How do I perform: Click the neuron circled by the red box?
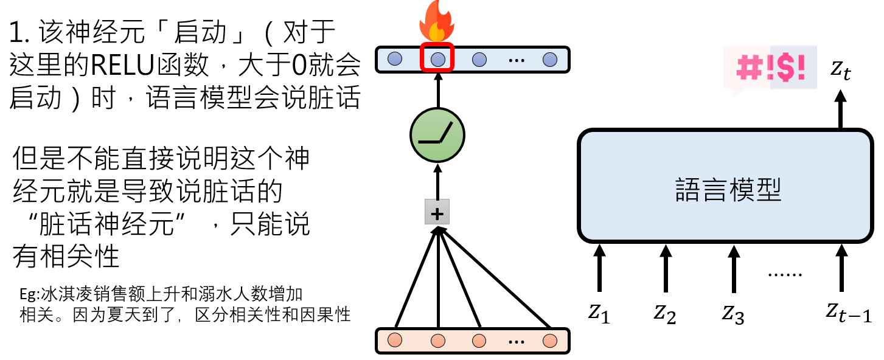click(438, 60)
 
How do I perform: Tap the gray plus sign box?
click(437, 213)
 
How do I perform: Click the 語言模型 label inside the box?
click(728, 190)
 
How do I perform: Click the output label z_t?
click(841, 71)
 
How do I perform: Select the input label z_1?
click(599, 313)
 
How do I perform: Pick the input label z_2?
click(665, 313)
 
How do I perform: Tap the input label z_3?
click(733, 313)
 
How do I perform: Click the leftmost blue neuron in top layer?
click(395, 60)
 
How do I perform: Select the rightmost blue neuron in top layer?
click(550, 60)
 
